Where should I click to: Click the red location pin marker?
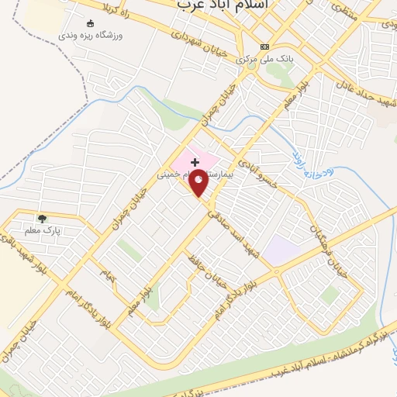point(199,183)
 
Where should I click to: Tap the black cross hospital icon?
point(194,162)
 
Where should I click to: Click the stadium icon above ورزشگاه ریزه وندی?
point(90,22)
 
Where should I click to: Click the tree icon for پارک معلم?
point(42,218)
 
